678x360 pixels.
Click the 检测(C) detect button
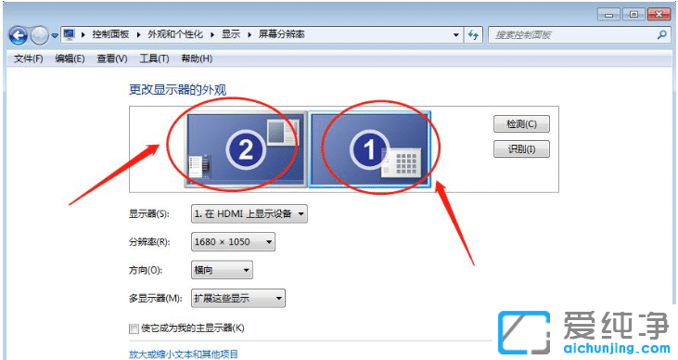[521, 124]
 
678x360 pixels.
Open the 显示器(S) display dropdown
[249, 214]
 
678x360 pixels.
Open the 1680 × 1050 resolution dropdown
[233, 242]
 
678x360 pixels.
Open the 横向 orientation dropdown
[222, 270]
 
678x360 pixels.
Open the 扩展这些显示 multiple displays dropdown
[237, 298]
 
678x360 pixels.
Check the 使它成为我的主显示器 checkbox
[134, 328]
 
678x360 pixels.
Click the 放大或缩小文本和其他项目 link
[184, 354]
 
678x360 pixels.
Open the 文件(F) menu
[28, 59]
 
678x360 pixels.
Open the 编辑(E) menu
[70, 59]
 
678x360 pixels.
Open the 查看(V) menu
[112, 59]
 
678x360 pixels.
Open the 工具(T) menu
[154, 59]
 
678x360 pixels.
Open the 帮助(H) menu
[197, 59]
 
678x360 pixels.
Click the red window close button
[659, 14]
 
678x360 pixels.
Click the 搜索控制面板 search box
[570, 34]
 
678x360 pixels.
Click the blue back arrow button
[18, 35]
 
